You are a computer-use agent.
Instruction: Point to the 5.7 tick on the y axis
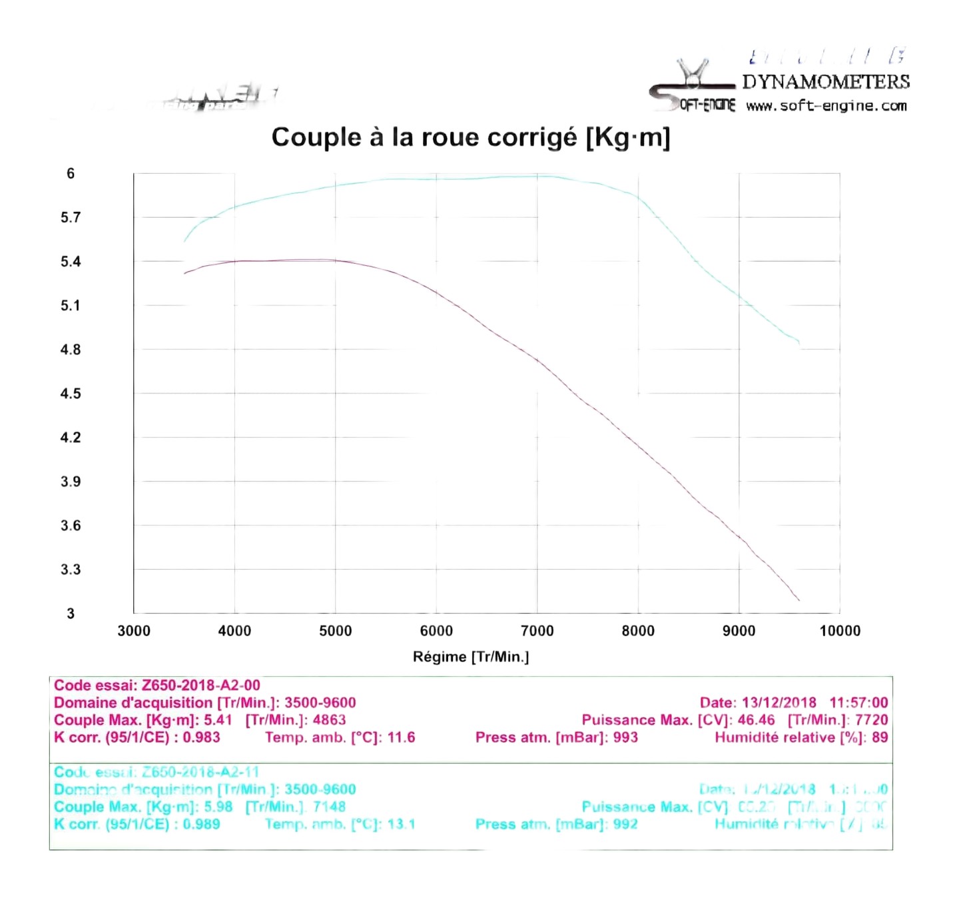(71, 217)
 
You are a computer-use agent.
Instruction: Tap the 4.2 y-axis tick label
(71, 438)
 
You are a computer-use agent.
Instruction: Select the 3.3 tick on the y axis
(71, 570)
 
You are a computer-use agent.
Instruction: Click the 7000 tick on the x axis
(537, 631)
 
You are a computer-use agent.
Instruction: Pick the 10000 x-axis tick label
(839, 631)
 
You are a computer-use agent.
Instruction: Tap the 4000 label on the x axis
(234, 631)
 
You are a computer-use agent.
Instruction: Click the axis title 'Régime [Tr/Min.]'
(470, 657)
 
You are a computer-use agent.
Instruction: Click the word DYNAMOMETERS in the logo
(825, 82)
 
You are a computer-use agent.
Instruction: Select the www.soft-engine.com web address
(826, 106)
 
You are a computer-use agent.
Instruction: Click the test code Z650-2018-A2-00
(200, 685)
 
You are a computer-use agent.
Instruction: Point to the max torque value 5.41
(218, 720)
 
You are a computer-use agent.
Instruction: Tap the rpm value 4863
(329, 720)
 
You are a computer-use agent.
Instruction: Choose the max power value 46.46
(756, 720)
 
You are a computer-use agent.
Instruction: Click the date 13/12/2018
(779, 703)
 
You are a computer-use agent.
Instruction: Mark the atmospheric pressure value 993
(625, 737)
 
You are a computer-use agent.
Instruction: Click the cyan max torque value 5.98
(218, 807)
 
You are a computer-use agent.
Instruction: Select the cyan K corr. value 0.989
(201, 824)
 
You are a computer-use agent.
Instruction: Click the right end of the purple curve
(799, 600)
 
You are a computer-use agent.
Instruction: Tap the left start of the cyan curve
(185, 240)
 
